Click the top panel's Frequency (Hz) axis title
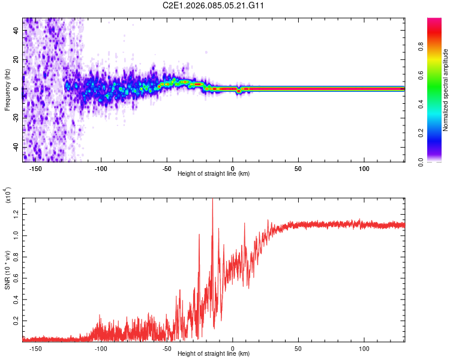7,90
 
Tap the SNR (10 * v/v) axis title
7,268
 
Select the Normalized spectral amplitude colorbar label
446,90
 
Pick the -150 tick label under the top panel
36,168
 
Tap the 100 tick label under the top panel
364,168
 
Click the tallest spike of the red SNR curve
212,200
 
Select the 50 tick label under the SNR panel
298,347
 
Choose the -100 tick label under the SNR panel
101,347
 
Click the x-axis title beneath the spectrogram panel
214,174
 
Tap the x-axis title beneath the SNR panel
214,354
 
